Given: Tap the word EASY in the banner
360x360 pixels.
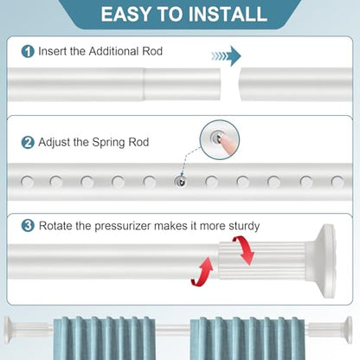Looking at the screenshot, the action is click(x=126, y=14).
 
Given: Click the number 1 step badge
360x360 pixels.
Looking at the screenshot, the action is click(x=28, y=51).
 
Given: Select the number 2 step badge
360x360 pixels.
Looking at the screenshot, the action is click(x=28, y=142).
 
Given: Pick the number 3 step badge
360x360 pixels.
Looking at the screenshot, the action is click(x=28, y=226).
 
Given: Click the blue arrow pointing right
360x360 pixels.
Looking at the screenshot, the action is click(x=226, y=56).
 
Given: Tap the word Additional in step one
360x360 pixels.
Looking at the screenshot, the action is click(x=113, y=51).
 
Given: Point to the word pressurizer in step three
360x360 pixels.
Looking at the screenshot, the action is click(x=123, y=226).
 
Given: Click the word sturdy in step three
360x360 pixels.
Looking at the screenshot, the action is click(x=244, y=226).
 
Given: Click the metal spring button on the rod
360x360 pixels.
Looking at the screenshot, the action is click(x=181, y=182).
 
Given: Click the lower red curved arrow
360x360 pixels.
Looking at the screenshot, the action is click(x=202, y=272).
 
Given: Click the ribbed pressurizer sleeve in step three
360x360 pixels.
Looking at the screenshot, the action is click(x=261, y=261).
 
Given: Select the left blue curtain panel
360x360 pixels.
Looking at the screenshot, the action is click(x=105, y=338).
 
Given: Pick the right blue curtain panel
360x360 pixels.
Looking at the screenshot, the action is click(x=247, y=338).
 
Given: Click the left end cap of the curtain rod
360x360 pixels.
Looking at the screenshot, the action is click(x=9, y=330).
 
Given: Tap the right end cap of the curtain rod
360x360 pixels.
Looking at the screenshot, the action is click(x=348, y=330).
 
